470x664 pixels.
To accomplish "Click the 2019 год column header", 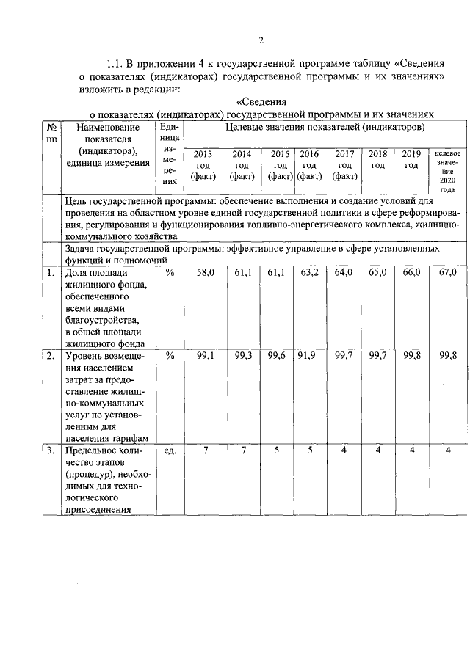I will pos(411,159).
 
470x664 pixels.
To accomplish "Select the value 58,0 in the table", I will pos(205,272).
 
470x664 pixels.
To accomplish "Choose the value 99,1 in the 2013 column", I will pos(205,356).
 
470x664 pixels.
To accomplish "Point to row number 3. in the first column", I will pos(50,450).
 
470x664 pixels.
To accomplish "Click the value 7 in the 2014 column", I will pos(242,450).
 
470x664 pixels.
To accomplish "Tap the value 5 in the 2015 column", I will pos(277,450).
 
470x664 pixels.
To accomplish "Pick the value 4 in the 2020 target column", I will pos(446,450).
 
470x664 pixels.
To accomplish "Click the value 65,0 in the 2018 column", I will pos(377,272).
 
